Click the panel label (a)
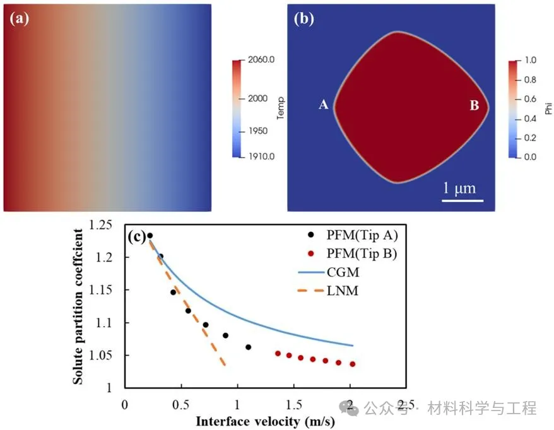coord(18,18)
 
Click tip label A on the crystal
coord(323,105)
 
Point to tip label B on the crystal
coord(474,105)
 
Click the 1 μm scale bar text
coord(457,187)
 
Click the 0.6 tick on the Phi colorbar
coord(531,99)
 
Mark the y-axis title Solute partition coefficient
coord(80,306)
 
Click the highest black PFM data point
coord(150,236)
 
